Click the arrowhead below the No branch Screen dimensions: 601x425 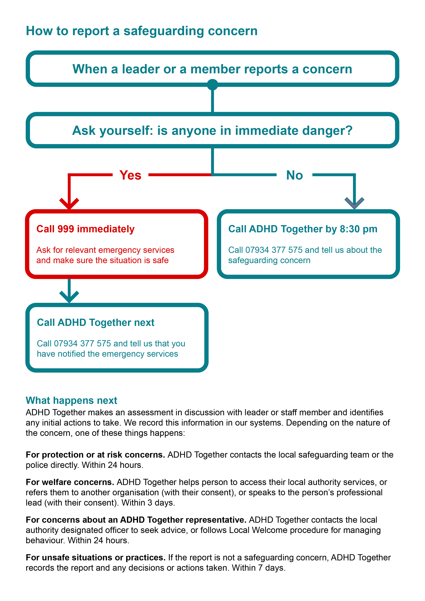point(354,203)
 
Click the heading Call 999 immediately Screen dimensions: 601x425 point(85,229)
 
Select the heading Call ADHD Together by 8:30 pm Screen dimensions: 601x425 point(303,229)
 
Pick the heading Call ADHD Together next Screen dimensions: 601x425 point(96,322)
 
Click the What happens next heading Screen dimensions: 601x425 point(71,401)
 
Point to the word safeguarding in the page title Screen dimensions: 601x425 point(164,31)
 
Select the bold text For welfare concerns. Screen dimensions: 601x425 point(70,482)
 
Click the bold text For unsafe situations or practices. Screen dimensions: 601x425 point(96,557)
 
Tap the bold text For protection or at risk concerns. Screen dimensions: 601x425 point(95,455)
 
